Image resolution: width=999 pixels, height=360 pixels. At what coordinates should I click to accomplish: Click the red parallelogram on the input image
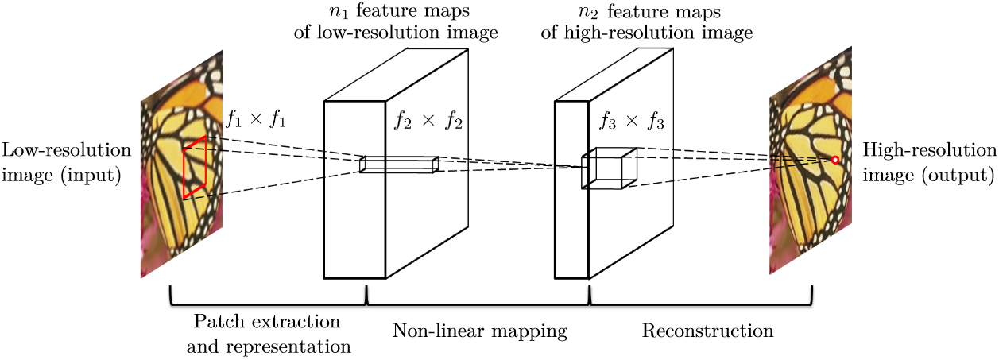pyautogui.click(x=195, y=168)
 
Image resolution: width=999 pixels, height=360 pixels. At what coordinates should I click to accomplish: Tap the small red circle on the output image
pyautogui.click(x=834, y=160)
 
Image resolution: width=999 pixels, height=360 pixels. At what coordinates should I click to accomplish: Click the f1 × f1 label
pyautogui.click(x=256, y=121)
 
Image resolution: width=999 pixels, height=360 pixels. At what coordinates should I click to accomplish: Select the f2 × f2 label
pyautogui.click(x=428, y=122)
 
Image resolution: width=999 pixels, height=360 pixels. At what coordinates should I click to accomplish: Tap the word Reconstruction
pyautogui.click(x=707, y=331)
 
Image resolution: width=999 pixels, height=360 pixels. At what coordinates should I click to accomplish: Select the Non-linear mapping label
pyautogui.click(x=480, y=331)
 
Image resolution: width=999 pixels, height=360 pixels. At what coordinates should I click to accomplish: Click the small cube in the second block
pyautogui.click(x=609, y=168)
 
